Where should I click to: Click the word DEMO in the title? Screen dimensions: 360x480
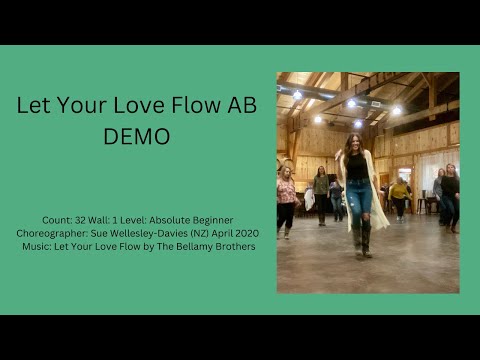tap(137, 136)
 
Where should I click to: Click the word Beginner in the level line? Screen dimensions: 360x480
tap(210, 220)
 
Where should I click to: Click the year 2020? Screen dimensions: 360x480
tap(246, 233)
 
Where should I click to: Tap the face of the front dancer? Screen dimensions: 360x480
tap(354, 142)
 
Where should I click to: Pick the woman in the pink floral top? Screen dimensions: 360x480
tap(286, 192)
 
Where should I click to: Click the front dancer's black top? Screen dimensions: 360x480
tap(357, 166)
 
